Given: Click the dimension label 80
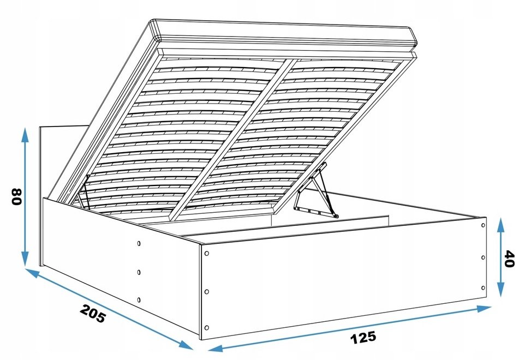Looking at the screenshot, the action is [x=16, y=197].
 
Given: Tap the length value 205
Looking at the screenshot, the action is [x=93, y=314].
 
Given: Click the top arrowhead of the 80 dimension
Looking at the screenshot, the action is [x=25, y=134].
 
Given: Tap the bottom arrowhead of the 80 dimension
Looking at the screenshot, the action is [x=25, y=259].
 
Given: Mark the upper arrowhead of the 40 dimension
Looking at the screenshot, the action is [x=500, y=224].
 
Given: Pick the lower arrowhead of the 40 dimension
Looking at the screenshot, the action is [x=500, y=290].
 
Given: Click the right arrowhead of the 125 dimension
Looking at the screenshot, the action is [x=484, y=309].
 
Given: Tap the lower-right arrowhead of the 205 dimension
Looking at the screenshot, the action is [x=186, y=345].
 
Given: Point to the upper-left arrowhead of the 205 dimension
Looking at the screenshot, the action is [x=32, y=272].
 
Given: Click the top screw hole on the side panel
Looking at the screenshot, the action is [x=139, y=243].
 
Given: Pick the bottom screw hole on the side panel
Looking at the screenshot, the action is [x=139, y=299].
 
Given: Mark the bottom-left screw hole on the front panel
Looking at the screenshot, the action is [x=206, y=327].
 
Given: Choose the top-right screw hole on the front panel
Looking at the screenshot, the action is [x=483, y=225].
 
